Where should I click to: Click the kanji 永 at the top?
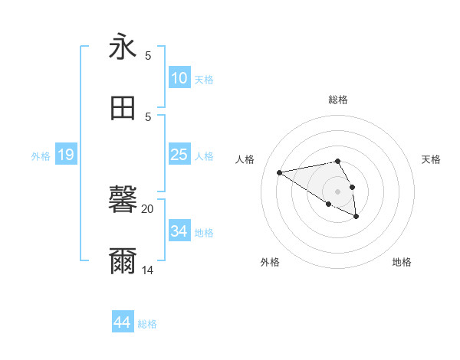(x=123, y=47)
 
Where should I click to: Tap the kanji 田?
(x=123, y=108)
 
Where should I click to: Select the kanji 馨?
(x=123, y=200)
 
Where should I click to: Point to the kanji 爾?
(x=123, y=261)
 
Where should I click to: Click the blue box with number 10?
(x=179, y=78)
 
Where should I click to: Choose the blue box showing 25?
(x=179, y=155)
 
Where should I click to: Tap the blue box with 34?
(x=179, y=231)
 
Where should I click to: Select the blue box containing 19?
(x=66, y=155)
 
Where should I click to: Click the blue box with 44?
(x=123, y=322)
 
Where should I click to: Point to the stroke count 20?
(x=147, y=208)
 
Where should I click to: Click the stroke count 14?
(x=147, y=270)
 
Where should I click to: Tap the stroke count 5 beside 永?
(x=148, y=55)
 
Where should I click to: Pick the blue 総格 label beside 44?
(x=147, y=324)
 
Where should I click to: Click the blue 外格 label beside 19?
(x=41, y=156)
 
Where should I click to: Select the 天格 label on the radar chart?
(x=432, y=159)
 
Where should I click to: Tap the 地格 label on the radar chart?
(x=402, y=262)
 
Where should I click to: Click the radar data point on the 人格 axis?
(x=280, y=172)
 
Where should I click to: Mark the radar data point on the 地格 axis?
(x=356, y=217)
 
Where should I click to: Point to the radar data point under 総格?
(x=338, y=161)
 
